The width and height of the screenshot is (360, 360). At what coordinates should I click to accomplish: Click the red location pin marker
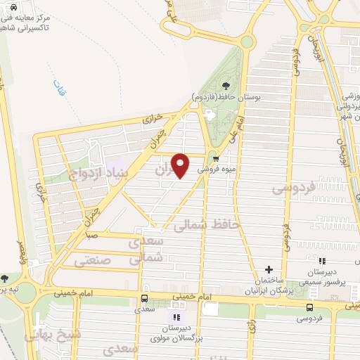(x=181, y=165)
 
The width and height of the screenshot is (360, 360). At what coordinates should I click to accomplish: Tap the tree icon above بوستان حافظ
(x=206, y=86)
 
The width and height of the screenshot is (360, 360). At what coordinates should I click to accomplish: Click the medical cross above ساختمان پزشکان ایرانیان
(x=269, y=269)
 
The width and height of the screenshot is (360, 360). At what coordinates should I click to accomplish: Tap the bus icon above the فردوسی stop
(x=310, y=307)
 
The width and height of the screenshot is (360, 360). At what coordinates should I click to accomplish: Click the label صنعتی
(x=91, y=260)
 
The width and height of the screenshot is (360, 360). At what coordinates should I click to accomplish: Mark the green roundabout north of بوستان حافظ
(x=246, y=41)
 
